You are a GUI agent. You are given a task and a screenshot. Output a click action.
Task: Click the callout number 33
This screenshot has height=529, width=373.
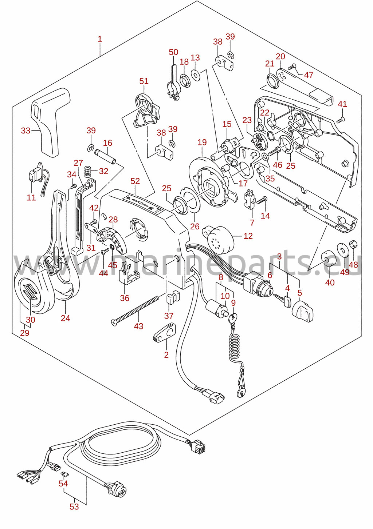[25, 130]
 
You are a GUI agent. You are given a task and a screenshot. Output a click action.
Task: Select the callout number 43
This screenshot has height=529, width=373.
[138, 326]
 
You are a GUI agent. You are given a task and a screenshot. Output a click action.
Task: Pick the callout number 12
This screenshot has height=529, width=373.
[248, 236]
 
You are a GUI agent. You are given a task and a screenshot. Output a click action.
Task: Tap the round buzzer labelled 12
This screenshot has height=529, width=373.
[218, 239]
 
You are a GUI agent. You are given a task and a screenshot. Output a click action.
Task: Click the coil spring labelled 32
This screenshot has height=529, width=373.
[88, 171]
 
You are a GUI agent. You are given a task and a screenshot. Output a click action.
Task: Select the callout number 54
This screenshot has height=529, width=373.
[63, 484]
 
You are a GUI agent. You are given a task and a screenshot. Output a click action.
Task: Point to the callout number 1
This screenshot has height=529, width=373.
[100, 39]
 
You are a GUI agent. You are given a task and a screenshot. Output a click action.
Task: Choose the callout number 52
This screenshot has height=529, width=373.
[135, 181]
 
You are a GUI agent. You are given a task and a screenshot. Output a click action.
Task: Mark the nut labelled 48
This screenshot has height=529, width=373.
[354, 244]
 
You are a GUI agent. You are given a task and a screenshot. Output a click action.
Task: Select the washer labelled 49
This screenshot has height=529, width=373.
[342, 249]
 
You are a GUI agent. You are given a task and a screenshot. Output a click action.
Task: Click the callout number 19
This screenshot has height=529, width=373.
[202, 142]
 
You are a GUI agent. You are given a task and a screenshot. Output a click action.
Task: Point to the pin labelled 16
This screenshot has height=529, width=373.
[106, 156]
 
